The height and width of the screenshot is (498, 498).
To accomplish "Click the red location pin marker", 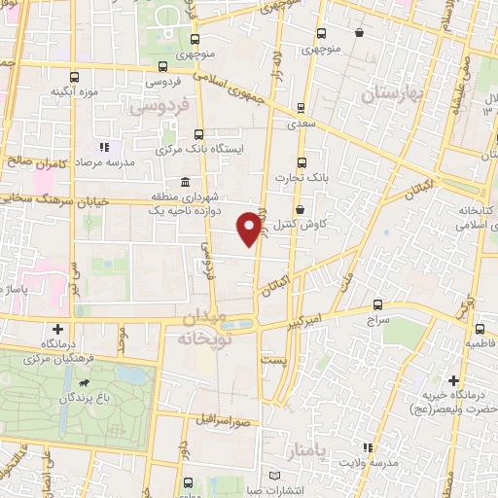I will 250,228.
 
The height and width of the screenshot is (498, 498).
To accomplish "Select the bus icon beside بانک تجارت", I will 301,162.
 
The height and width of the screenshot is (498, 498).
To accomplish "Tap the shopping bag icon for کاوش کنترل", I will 300,208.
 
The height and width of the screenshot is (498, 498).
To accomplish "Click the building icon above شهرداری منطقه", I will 185,182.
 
